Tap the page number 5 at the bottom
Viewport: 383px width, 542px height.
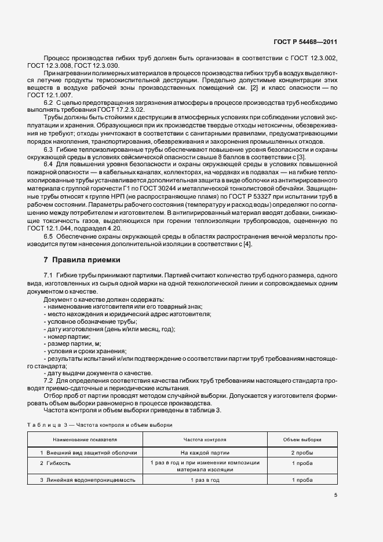(x=335, y=495)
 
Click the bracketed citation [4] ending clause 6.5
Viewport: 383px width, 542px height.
(x=247, y=244)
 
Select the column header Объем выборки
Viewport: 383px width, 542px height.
(x=302, y=440)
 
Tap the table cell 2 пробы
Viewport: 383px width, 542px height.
(x=302, y=452)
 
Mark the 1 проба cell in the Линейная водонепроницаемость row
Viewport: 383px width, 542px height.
(x=302, y=480)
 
